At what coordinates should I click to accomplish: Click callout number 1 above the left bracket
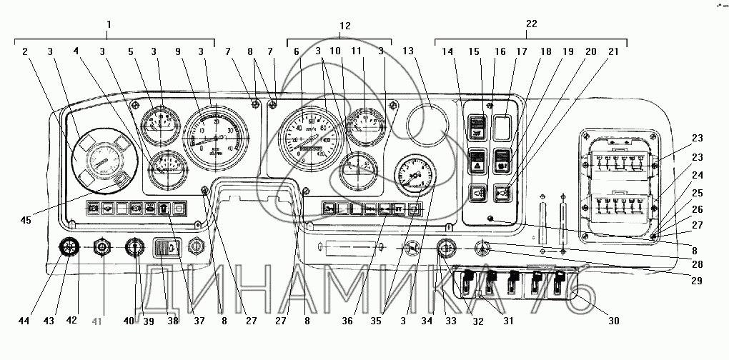point(109,25)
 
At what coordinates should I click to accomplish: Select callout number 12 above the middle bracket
point(345,25)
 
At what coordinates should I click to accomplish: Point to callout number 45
point(26,220)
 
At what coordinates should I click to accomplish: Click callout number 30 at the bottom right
point(613,321)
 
